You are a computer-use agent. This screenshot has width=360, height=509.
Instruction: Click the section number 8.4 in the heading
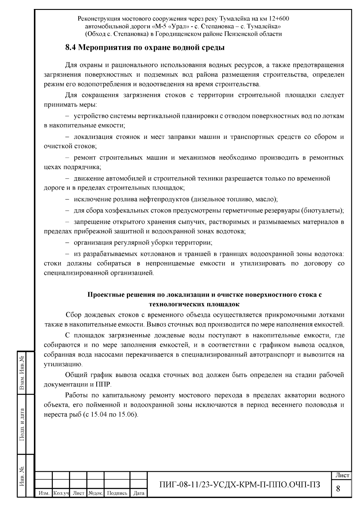point(71,47)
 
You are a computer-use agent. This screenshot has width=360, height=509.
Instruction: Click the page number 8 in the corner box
point(338,489)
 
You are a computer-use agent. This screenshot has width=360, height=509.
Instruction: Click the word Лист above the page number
point(342,475)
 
